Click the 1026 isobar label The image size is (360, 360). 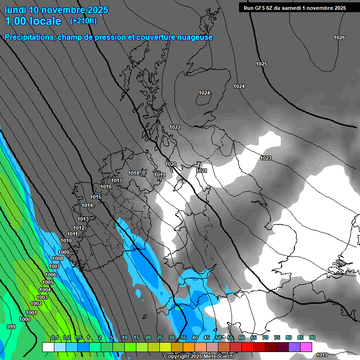(x=339, y=37)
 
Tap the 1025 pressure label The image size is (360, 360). (x=262, y=64)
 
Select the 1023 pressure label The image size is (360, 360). (x=266, y=158)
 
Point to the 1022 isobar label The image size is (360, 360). (x=175, y=127)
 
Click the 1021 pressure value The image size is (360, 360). (x=202, y=171)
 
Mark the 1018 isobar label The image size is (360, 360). (x=134, y=173)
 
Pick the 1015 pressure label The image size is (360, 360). (x=96, y=197)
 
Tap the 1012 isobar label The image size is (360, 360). (x=79, y=228)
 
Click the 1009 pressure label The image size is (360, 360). (x=64, y=252)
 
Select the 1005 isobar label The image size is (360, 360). (x=48, y=282)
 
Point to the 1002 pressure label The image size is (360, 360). (x=36, y=303)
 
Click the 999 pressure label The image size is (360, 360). (x=11, y=326)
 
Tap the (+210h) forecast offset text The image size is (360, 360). (x=83, y=21)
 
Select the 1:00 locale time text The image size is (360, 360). (x=33, y=21)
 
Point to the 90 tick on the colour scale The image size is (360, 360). (x=312, y=337)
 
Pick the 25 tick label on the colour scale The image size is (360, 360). (x=159, y=337)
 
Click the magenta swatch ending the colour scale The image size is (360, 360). (x=306, y=347)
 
